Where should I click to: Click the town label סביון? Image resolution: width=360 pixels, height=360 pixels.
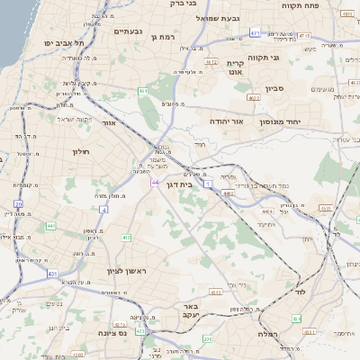coord(274,90)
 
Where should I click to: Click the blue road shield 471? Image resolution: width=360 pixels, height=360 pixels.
coord(255,32)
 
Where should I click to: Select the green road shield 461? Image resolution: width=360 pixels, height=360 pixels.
coord(143,91)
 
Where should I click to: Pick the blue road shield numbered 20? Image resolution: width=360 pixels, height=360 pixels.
coord(18,204)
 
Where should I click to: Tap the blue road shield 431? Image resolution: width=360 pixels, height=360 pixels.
coord(52,273)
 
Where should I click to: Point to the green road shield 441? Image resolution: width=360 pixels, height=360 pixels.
coord(50,225)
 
